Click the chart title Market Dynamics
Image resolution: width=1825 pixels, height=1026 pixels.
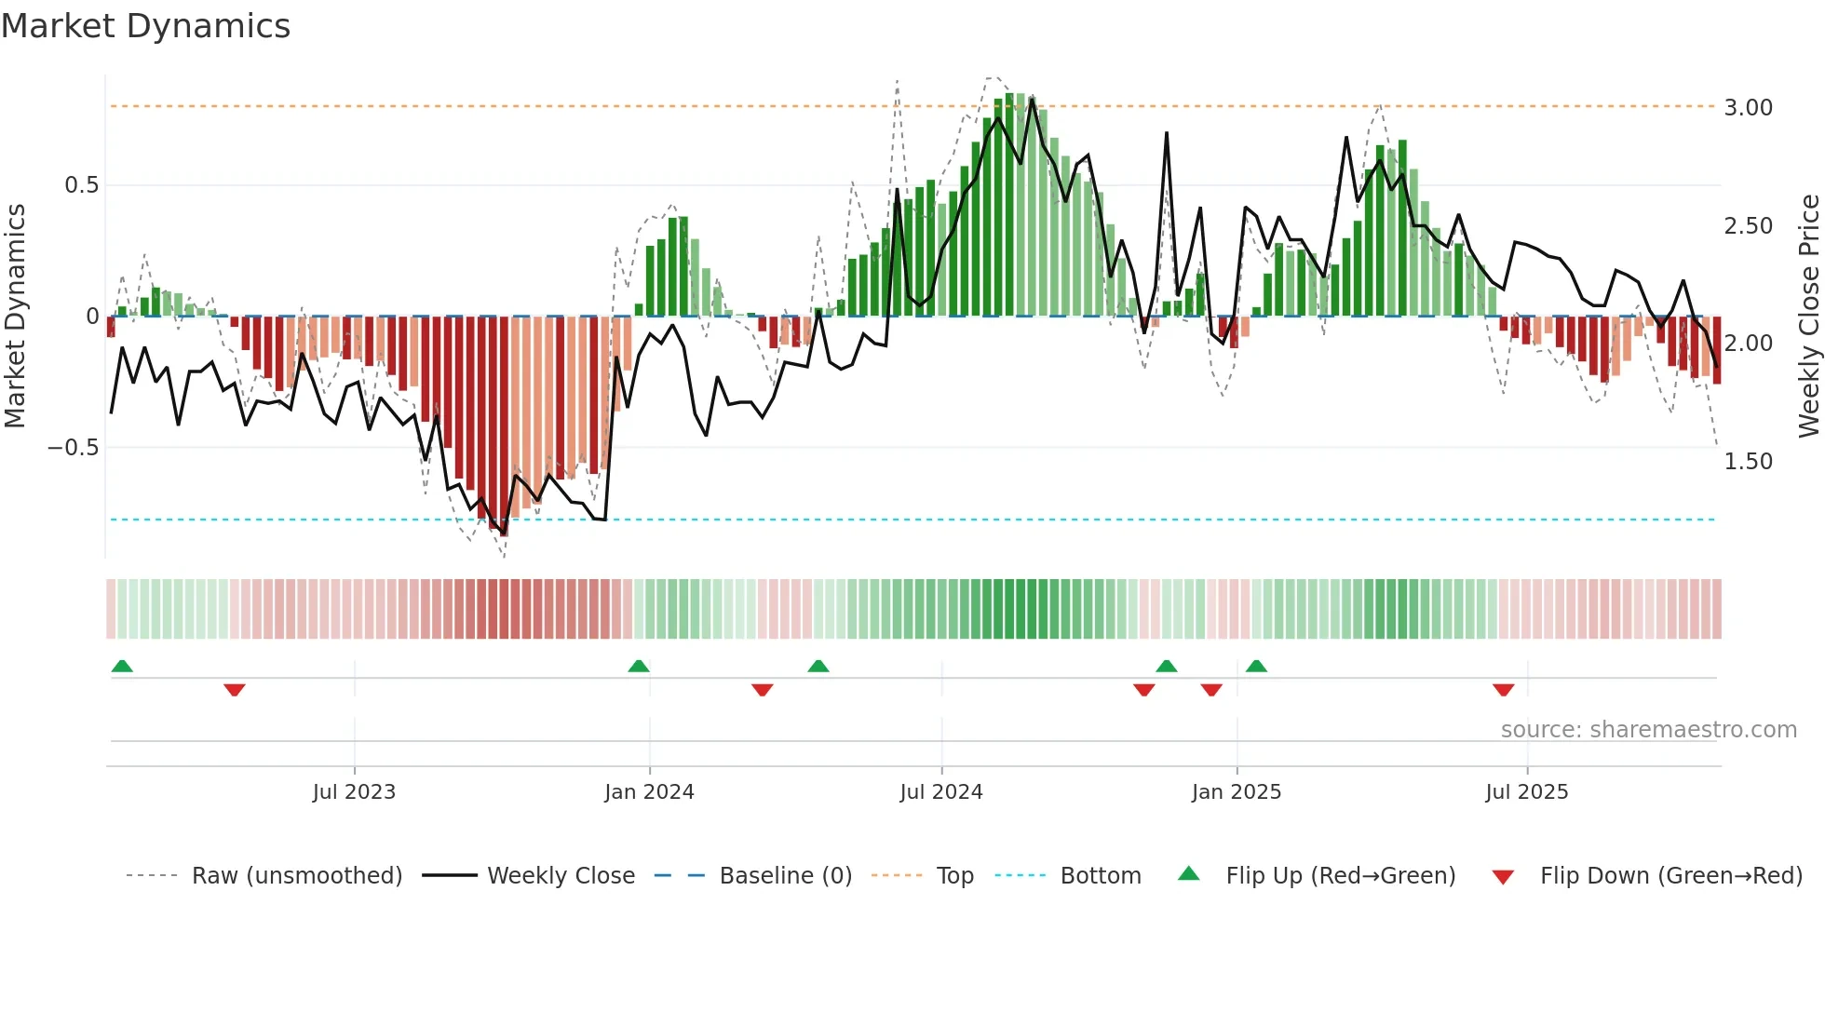pos(145,26)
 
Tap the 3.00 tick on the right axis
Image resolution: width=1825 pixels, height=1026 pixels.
pos(1748,108)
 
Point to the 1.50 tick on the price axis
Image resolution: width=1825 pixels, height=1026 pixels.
pos(1748,462)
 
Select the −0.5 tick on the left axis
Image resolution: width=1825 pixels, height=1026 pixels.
pos(73,448)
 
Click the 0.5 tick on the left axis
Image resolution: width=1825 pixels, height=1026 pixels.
pos(81,185)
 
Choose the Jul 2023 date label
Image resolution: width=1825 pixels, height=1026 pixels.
pos(354,792)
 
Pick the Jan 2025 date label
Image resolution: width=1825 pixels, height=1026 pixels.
pos(1236,792)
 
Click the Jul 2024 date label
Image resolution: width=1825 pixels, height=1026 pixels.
pos(940,792)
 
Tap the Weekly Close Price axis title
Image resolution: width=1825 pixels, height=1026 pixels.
pos(1808,316)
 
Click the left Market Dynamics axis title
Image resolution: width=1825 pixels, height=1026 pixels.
pos(15,316)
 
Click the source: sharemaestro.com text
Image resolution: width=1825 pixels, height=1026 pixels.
pos(1648,730)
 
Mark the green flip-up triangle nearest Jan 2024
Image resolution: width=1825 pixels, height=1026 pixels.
pos(638,666)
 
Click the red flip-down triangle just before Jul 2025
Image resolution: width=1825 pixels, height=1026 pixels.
pos(1503,690)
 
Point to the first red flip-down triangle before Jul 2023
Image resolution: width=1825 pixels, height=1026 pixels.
pos(234,690)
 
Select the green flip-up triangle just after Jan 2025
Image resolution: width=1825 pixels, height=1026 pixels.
pos(1256,666)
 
